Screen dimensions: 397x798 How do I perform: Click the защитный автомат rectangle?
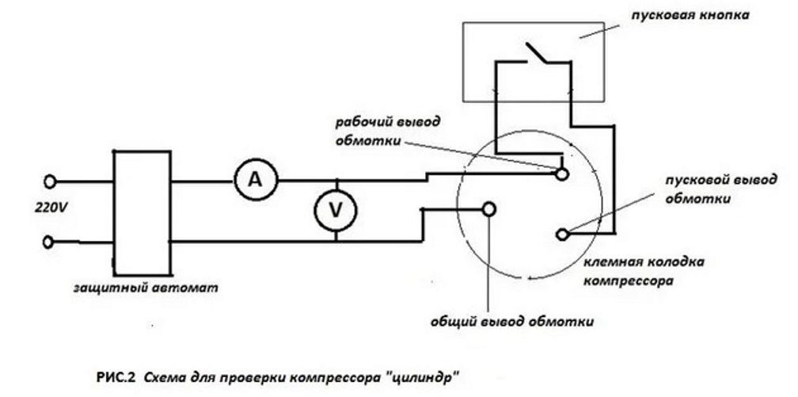(142, 211)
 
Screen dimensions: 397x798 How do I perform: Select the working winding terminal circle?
(561, 172)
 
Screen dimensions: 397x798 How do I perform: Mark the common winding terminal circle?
(489, 208)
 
